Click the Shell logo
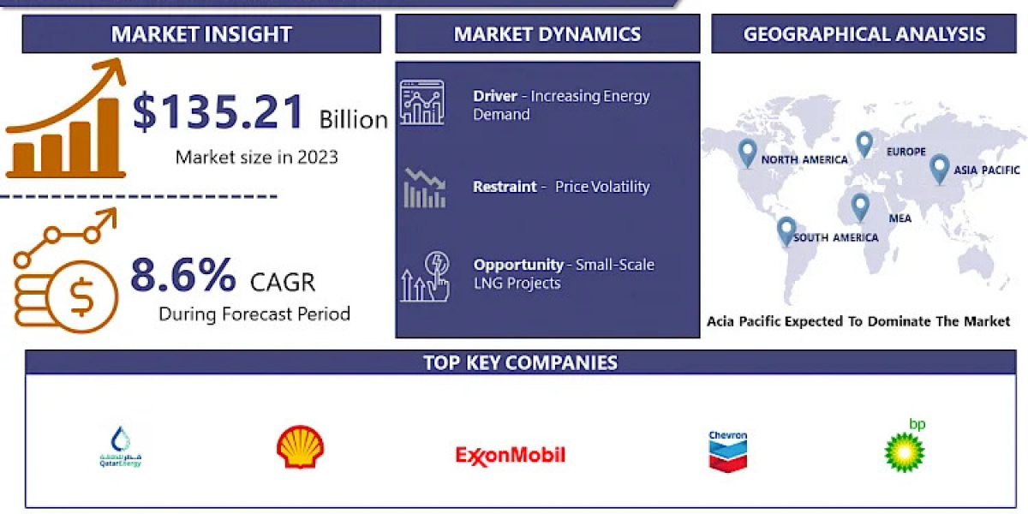[300, 447]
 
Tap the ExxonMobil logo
[511, 455]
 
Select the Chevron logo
[728, 451]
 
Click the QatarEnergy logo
[121, 447]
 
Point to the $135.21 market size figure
[218, 111]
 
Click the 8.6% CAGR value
[183, 275]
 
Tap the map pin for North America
[747, 153]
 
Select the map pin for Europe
[864, 144]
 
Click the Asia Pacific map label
[987, 170]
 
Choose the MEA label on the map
[900, 218]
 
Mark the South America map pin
[786, 230]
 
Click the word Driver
[495, 96]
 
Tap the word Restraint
[505, 187]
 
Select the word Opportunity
[518, 265]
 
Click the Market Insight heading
[201, 34]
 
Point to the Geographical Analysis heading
[864, 34]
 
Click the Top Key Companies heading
[521, 362]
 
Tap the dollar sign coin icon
[82, 297]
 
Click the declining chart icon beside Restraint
[425, 188]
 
